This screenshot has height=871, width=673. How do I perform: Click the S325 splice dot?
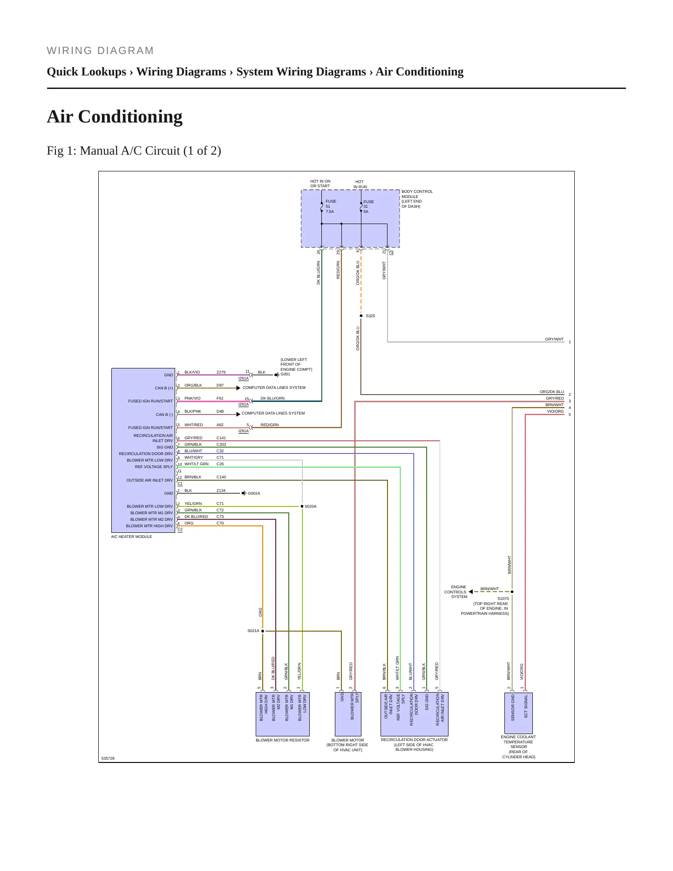coord(361,316)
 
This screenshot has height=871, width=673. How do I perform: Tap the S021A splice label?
coord(253,631)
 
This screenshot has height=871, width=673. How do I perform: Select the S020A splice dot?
coord(302,506)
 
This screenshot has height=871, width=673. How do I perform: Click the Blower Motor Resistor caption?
coord(282,740)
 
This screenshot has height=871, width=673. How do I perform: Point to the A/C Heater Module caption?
coord(131,537)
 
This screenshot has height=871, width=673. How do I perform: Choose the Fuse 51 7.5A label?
coord(330,206)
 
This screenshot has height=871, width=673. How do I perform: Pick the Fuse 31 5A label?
coord(368,206)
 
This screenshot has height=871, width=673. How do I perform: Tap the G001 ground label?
coord(285,374)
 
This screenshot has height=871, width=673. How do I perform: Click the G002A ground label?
coord(254,493)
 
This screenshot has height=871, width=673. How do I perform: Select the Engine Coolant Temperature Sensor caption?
coord(518,747)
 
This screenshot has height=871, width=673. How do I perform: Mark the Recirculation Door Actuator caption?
coord(414,744)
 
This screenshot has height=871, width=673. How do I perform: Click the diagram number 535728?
coord(108,758)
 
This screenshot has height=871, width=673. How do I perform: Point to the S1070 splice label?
coord(503,599)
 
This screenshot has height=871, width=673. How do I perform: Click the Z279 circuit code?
coord(221,372)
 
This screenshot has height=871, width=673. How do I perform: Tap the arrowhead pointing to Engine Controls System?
coord(471,592)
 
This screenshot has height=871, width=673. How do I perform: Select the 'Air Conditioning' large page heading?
coord(115,116)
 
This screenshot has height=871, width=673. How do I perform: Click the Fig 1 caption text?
coord(134,151)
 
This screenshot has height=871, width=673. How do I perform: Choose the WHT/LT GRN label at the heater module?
coord(197,464)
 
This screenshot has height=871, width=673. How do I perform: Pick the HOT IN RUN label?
coord(360,184)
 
